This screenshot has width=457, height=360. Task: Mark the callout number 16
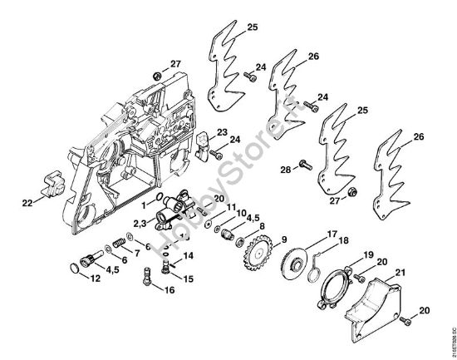click(171, 290)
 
